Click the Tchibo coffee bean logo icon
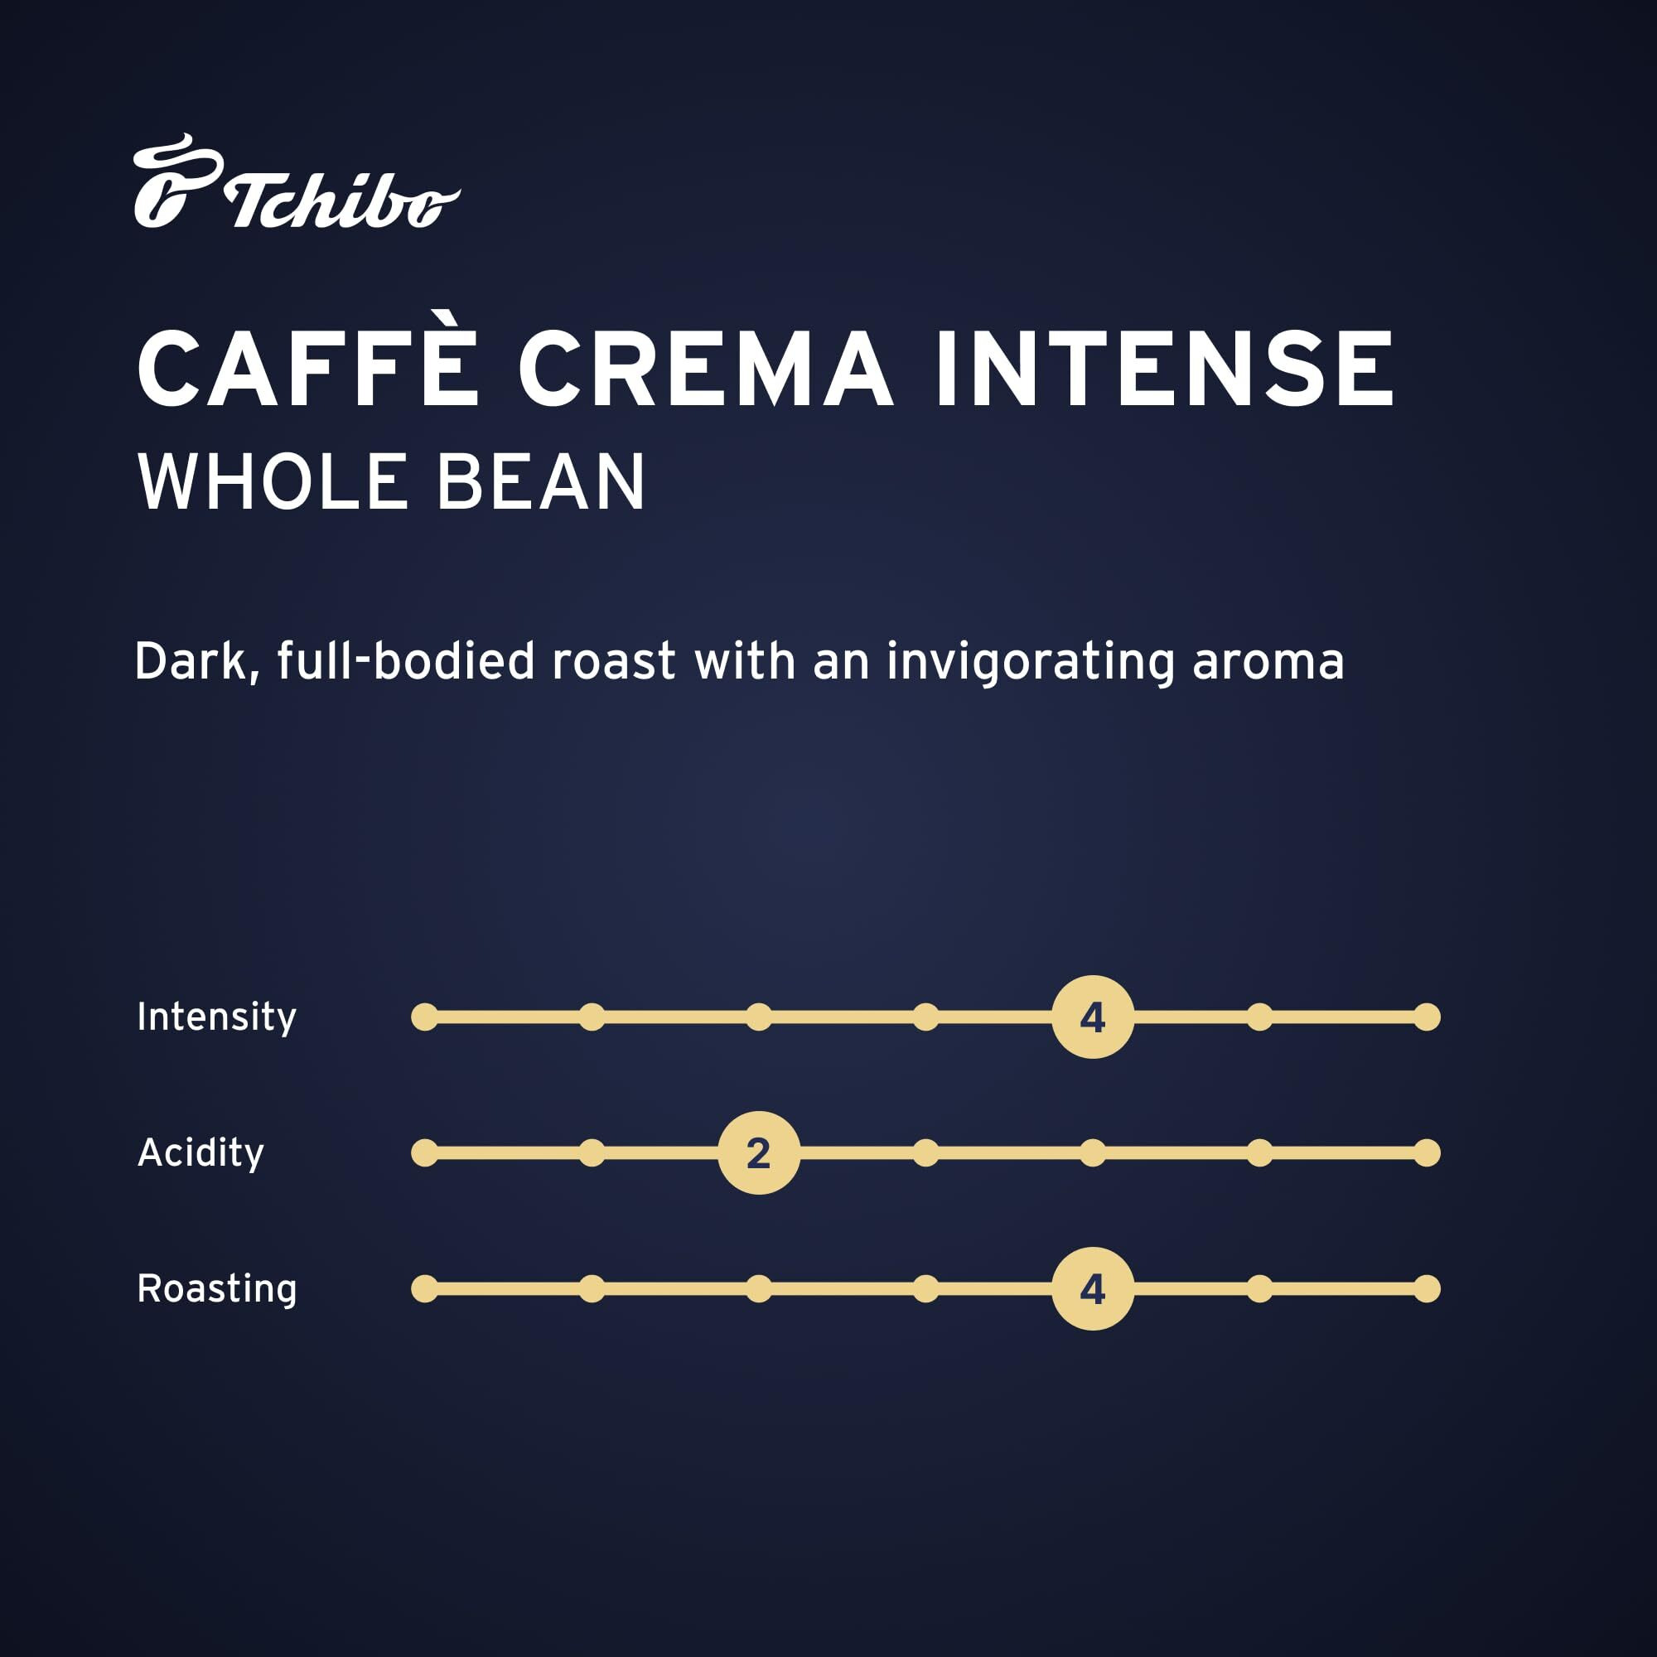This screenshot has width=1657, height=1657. pos(176,181)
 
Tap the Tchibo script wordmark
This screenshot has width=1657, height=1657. pos(341,201)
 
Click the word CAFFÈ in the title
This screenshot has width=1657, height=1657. pos(307,368)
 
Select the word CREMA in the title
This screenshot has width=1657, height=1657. pos(705,368)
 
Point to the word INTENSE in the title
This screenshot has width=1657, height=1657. pos(1165,368)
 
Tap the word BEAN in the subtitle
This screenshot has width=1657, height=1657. pos(540,482)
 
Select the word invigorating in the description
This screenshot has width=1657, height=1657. pos(1030,662)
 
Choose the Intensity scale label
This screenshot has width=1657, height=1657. pos(216,1017)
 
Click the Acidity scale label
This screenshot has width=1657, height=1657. pos(200,1152)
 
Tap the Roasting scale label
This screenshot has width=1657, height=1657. pos(217,1288)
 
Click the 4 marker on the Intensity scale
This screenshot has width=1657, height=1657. pos(1093,1017)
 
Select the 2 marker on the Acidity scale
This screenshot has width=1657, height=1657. pos(759,1152)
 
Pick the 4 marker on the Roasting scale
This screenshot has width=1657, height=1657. pos(1093,1288)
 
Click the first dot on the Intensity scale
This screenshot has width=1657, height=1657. pos(424,1017)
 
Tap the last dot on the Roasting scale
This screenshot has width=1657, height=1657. pos(1428,1288)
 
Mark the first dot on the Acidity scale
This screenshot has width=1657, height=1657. pos(424,1152)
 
